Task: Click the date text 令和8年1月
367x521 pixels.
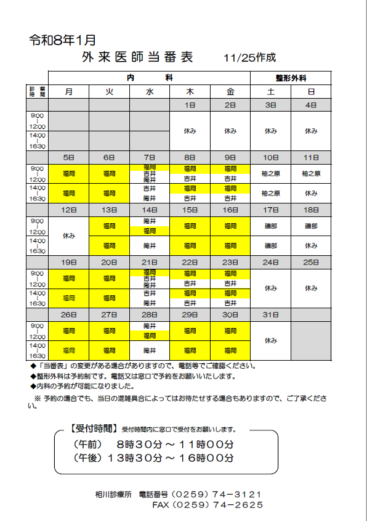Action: (x=62, y=41)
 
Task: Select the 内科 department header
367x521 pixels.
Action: (x=150, y=78)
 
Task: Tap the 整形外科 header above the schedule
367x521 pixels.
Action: (x=291, y=78)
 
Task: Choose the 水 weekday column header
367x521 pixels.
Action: (x=150, y=91)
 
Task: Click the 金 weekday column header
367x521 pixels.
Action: (x=230, y=91)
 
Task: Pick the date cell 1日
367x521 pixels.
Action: (x=190, y=105)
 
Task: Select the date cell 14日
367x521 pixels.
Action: (x=150, y=210)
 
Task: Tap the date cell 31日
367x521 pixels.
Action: (x=270, y=314)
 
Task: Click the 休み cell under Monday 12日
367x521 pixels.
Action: (x=68, y=236)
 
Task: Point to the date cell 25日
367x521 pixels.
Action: (x=310, y=262)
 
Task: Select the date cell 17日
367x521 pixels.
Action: (x=270, y=210)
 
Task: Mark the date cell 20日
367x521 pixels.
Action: (x=109, y=262)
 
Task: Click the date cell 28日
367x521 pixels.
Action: (x=150, y=314)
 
